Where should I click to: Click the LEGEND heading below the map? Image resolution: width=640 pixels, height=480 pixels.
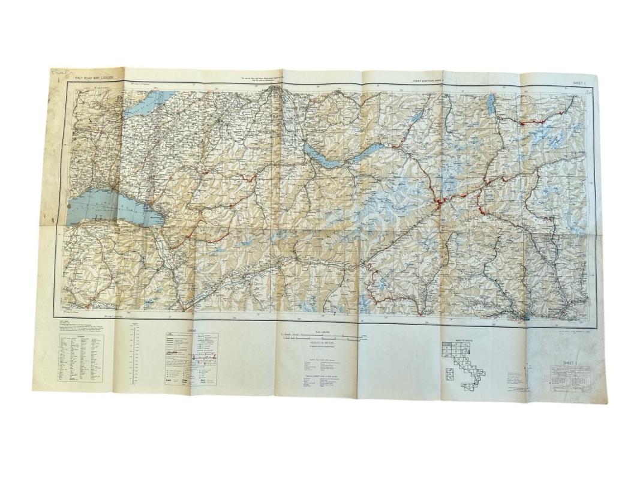click(x=192, y=331)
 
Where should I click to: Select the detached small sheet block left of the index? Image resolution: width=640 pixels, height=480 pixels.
click(x=448, y=376)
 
